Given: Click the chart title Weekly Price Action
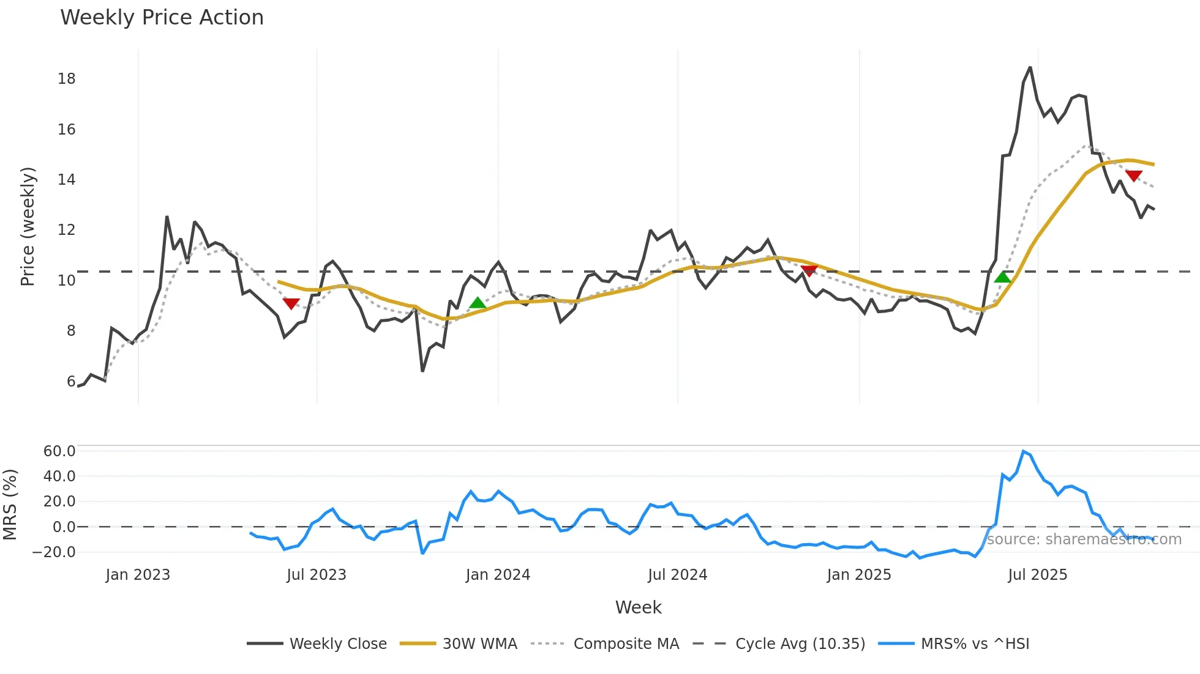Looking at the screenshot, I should pos(162,18).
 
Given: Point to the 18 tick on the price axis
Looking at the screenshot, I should pos(66,79).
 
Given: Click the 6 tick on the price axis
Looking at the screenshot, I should pos(71,382).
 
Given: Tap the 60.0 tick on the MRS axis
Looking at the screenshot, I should pos(59,451).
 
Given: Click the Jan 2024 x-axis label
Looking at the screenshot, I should pos(498,575).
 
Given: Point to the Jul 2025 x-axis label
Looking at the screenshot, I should pos(1037,575).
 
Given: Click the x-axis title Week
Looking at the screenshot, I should pos(638,607).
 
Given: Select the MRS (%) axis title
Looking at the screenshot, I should pos(10,505).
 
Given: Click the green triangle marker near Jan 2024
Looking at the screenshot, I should pos(478,303).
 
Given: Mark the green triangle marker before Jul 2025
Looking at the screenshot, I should pos(1003,277).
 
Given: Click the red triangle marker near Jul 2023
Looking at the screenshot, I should pos(291,303).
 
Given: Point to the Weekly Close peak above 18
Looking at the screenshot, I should pos(1030,67).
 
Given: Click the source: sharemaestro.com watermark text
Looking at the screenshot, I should pos(1084,539).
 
